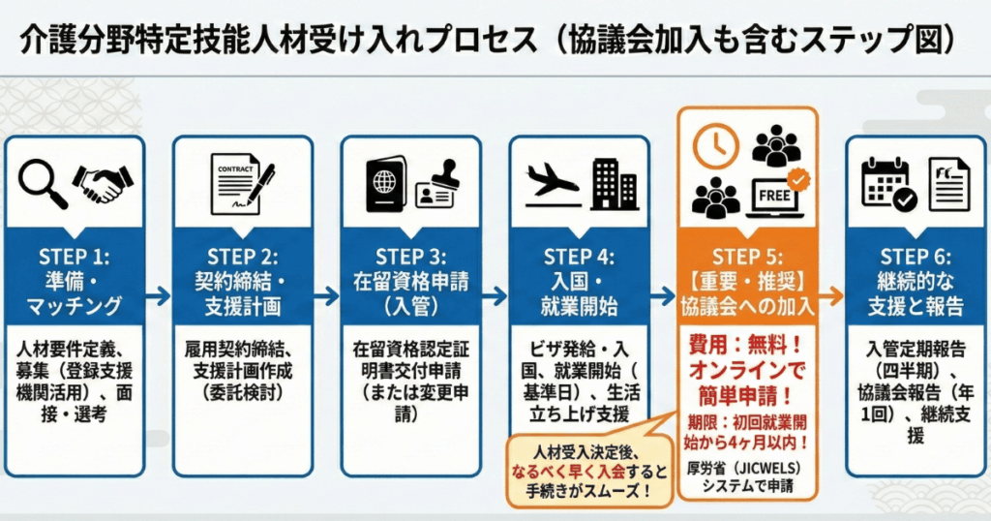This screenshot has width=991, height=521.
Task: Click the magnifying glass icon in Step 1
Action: [44, 182]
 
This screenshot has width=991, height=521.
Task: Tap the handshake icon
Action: [105, 181]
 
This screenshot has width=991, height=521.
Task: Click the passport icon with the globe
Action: [383, 185]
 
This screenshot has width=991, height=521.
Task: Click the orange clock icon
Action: [716, 144]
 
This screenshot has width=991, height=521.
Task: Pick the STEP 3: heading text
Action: [410, 257]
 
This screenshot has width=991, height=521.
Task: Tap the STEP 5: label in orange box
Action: [747, 257]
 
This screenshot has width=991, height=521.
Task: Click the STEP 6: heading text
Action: [916, 257]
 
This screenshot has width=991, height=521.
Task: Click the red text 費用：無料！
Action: [747, 343]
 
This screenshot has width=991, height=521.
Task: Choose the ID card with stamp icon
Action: [438, 185]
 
